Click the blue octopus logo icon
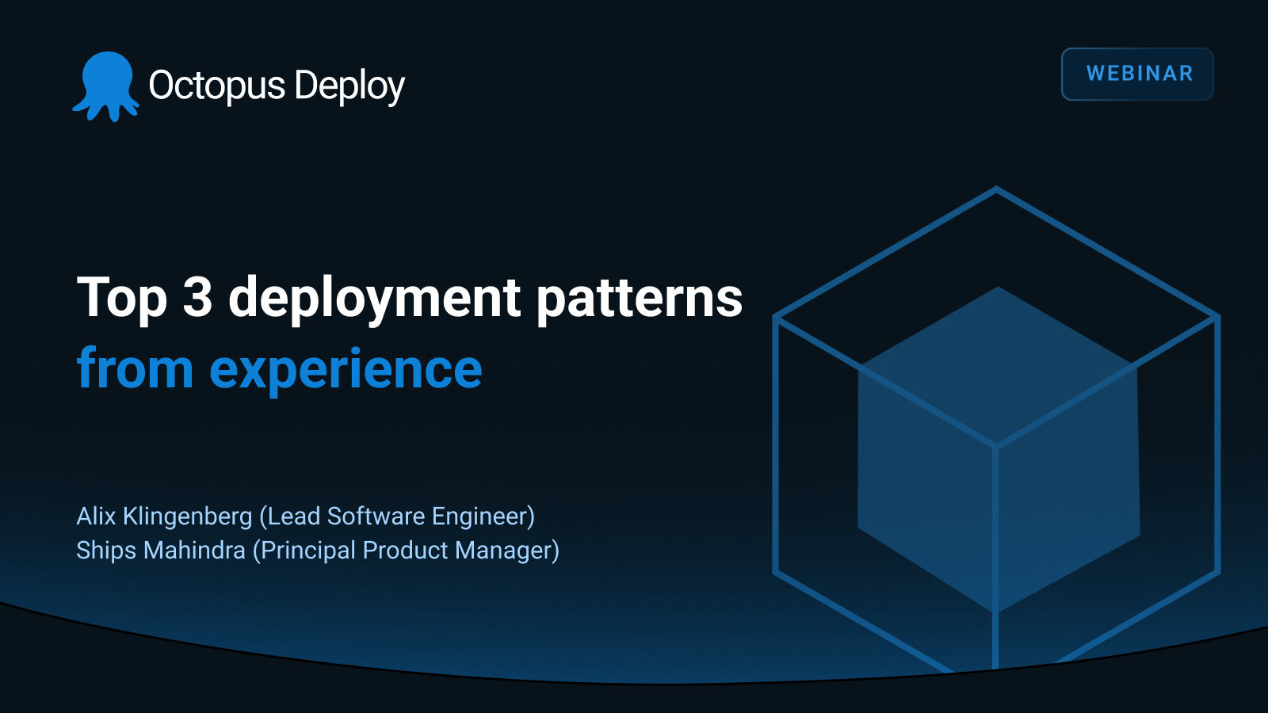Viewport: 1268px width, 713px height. tap(106, 86)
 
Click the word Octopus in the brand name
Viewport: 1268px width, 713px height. tap(216, 86)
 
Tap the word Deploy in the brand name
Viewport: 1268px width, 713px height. tap(349, 86)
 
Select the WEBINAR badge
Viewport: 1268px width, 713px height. tap(1137, 74)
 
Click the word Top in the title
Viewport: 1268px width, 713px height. tap(122, 299)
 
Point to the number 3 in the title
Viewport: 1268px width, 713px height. tap(197, 298)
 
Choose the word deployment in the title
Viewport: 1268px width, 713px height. tap(374, 299)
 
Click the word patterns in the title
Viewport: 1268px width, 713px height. tap(640, 299)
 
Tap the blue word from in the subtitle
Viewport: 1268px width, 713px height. tap(135, 369)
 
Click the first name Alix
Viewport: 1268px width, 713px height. tap(96, 516)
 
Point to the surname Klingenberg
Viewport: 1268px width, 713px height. tap(187, 517)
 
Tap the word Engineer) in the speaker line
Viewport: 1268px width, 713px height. tap(483, 517)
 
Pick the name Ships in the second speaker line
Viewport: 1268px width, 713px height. tap(106, 551)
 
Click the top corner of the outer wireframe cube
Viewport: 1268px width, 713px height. tap(996, 189)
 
